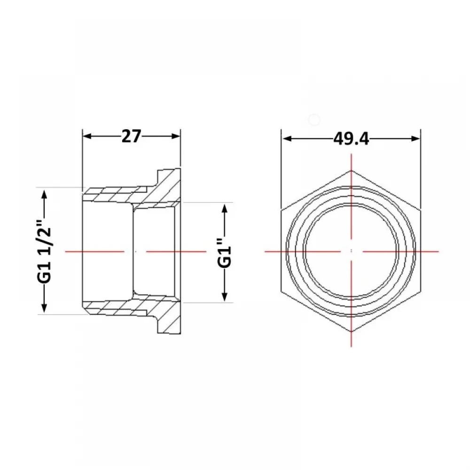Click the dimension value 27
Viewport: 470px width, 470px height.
pyautogui.click(x=131, y=136)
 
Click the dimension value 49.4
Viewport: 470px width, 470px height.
pyautogui.click(x=351, y=139)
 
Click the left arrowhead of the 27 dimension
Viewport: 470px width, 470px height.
pyautogui.click(x=87, y=136)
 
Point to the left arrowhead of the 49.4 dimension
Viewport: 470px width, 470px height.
pyautogui.click(x=287, y=139)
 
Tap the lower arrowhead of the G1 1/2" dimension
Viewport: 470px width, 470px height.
pyautogui.click(x=44, y=308)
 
